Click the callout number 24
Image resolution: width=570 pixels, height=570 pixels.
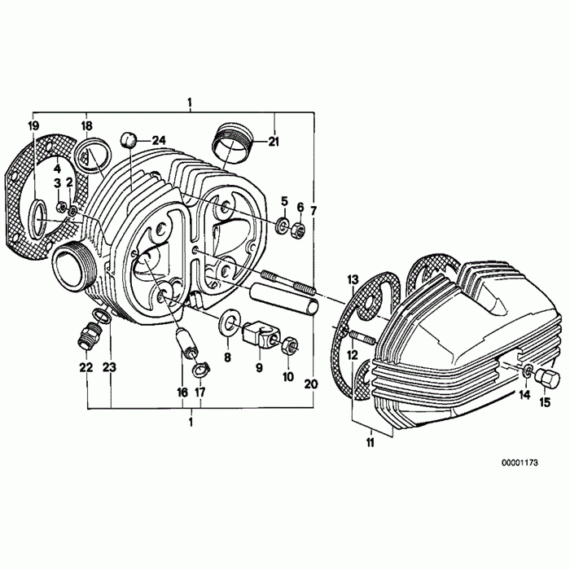point(158,140)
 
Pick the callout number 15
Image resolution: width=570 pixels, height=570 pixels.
point(545,401)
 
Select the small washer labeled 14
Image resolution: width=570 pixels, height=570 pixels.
point(527,373)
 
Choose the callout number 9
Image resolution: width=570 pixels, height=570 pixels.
point(259,368)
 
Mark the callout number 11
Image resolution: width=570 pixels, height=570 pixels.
point(370,443)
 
